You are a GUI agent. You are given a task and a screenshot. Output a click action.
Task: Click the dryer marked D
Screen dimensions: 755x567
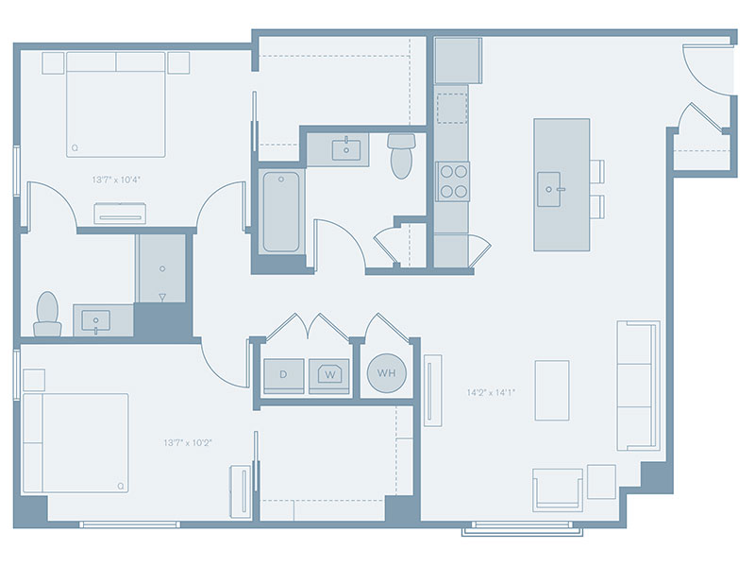[x=284, y=375]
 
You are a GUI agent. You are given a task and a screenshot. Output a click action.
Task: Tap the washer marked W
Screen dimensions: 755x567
[x=329, y=375]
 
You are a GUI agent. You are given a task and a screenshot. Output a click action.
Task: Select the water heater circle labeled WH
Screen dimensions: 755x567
[x=387, y=373]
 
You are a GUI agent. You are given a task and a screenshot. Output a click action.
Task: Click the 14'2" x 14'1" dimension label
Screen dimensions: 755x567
[x=491, y=392]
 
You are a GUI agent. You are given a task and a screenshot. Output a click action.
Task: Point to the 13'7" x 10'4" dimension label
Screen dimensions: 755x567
[x=116, y=180]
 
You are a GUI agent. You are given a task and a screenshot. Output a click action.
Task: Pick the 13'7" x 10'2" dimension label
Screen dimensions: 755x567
[x=188, y=442]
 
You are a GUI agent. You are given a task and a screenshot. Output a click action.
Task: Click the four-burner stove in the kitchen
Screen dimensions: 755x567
[x=453, y=181]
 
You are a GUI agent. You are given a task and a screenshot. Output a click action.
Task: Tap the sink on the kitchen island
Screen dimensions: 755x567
[x=549, y=189]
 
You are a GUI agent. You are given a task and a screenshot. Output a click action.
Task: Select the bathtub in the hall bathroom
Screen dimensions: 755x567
[x=281, y=212]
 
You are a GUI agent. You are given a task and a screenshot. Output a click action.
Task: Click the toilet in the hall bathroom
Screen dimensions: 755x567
[x=401, y=155]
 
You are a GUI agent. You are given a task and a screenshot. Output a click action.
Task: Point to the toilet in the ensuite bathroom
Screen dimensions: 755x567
[x=47, y=315]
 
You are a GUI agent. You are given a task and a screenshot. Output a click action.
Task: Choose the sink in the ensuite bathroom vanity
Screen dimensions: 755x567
[x=96, y=321]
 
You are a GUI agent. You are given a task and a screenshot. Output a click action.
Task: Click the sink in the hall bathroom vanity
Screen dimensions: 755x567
[x=346, y=149]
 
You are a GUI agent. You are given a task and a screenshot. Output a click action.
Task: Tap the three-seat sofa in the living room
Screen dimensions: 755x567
[x=638, y=386]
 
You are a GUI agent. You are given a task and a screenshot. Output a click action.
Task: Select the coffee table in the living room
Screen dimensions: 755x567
[x=552, y=390]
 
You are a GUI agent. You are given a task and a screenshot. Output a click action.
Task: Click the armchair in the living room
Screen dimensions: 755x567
[x=558, y=490]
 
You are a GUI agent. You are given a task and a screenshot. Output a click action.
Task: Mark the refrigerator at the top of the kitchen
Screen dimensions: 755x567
[x=458, y=60]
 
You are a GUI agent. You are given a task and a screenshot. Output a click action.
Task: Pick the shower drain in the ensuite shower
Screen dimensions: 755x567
[x=162, y=268]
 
